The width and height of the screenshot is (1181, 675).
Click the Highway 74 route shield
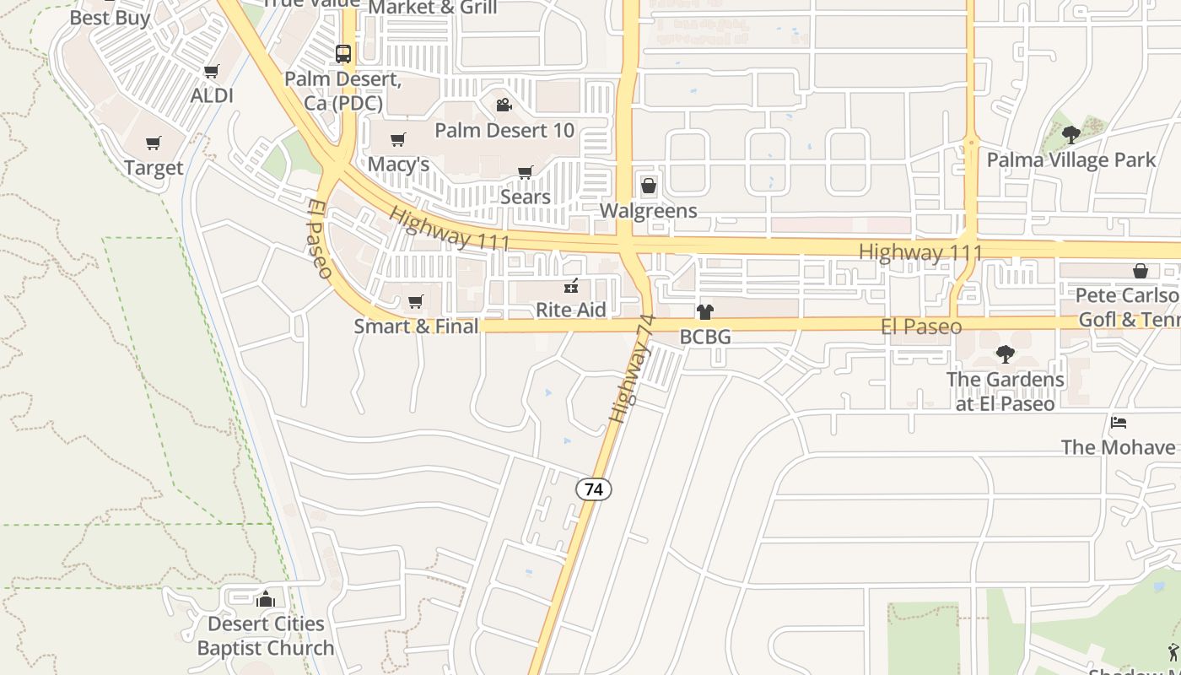[594, 489]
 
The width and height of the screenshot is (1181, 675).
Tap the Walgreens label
[648, 210]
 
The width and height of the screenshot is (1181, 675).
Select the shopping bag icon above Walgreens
[648, 185]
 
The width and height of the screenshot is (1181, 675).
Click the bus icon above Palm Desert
[342, 53]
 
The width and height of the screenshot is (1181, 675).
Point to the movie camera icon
[504, 105]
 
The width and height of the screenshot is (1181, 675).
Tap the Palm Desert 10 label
[504, 130]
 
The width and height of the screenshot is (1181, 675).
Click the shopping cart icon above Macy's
[397, 139]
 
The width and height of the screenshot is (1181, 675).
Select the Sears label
[525, 197]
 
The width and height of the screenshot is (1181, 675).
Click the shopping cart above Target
[153, 143]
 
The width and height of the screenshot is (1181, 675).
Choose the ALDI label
[211, 95]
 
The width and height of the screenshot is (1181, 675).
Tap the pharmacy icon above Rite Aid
[571, 286]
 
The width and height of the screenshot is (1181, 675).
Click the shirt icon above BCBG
[705, 312]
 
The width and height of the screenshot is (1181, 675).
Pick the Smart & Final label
[416, 326]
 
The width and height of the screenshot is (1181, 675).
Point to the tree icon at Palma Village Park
[1070, 134]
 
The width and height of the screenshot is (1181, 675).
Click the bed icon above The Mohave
[1118, 422]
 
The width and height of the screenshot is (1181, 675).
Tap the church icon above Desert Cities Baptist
[266, 598]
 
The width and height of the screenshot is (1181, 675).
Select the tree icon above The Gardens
[1005, 354]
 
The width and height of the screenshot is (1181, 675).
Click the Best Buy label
[110, 17]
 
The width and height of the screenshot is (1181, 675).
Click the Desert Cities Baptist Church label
[266, 636]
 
